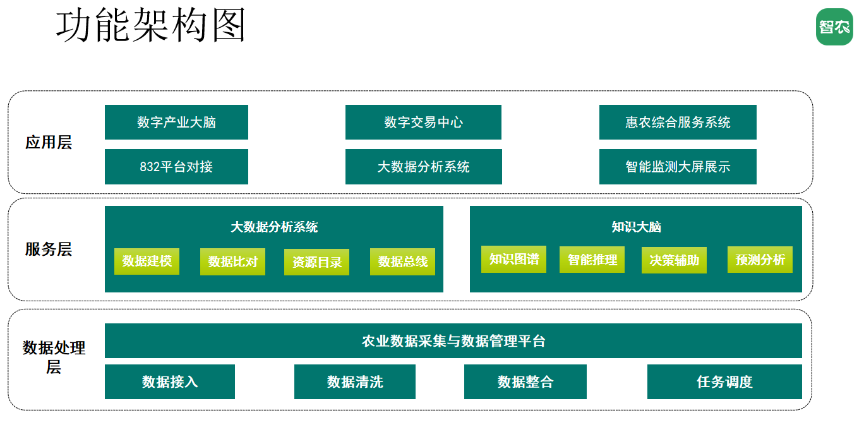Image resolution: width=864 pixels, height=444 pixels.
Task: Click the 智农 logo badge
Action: (834, 27)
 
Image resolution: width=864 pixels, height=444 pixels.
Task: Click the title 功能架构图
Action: (151, 25)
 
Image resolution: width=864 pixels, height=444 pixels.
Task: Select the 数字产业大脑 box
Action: (176, 122)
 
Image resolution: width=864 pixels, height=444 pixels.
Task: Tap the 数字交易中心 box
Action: (423, 122)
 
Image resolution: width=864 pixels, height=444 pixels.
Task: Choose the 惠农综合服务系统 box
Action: (678, 122)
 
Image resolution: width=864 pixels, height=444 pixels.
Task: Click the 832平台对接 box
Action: (176, 167)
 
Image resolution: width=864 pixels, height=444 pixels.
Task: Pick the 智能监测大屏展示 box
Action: (678, 167)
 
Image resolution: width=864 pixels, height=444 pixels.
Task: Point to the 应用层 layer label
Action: (49, 142)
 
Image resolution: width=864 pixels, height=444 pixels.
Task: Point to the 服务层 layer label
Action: (49, 249)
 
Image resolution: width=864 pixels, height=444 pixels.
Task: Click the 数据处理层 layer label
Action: (54, 357)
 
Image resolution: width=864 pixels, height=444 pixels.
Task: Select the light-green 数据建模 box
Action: (147, 261)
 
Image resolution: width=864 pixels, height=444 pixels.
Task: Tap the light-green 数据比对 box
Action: (232, 261)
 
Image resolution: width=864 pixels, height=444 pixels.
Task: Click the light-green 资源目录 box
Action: (316, 262)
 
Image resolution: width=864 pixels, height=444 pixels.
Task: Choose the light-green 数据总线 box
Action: (402, 261)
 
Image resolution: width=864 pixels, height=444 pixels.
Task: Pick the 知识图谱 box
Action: (513, 259)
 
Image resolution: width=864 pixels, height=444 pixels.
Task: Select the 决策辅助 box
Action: (674, 260)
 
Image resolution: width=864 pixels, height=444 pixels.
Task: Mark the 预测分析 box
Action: (760, 260)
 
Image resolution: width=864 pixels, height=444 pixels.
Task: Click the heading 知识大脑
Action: (636, 227)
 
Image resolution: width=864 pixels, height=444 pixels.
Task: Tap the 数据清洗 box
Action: (355, 381)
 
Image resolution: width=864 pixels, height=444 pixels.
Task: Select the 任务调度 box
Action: (724, 381)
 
